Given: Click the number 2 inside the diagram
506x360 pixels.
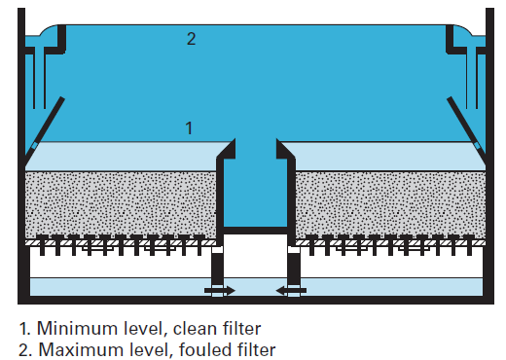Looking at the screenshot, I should coord(192,39).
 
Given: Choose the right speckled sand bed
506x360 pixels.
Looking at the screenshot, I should coord(389,205).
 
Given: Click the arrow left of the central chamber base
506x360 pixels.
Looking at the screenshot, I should coord(218,289).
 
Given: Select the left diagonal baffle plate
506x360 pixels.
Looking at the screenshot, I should coord(46,122).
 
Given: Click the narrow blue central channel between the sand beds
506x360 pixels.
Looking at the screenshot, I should coord(254,190).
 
